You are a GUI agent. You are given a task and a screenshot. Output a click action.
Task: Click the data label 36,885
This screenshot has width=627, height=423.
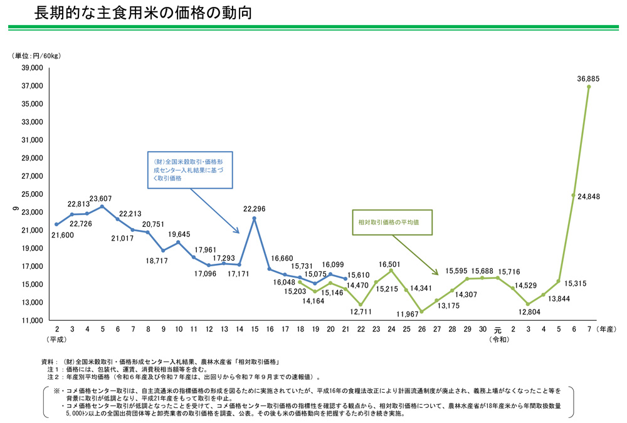[x=588, y=78]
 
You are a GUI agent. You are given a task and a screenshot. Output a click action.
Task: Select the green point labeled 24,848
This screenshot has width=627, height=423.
[x=574, y=195]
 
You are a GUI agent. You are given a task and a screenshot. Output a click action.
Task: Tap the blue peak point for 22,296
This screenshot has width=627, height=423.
[x=255, y=218]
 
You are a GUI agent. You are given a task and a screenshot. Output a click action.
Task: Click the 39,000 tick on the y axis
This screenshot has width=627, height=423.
[x=31, y=68]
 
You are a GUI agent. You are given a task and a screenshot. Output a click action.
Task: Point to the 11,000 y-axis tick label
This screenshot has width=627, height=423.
[x=31, y=320]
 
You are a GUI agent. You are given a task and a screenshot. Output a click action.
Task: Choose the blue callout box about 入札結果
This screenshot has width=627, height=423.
[x=189, y=170]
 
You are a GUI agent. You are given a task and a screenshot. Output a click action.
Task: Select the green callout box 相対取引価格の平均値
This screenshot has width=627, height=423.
[x=392, y=222]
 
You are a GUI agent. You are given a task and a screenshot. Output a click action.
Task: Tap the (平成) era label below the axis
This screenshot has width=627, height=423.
[x=57, y=339]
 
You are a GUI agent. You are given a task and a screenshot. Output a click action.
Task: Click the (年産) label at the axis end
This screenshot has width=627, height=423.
[x=608, y=328]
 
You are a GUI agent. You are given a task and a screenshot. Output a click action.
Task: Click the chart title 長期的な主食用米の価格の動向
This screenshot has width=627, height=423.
[x=144, y=13]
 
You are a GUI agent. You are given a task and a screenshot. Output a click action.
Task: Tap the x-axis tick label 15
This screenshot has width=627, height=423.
[x=255, y=328]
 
